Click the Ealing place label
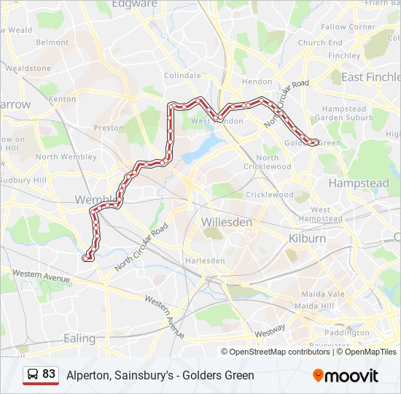point(79,339)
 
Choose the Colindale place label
point(182,75)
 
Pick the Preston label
point(109,128)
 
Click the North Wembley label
point(66,157)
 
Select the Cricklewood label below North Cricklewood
point(269,195)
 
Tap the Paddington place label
point(347,333)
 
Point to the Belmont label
point(52,42)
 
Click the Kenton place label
point(62,98)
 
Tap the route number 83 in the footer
point(49,374)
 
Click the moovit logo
point(346,376)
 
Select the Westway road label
point(270,330)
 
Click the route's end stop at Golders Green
point(315,143)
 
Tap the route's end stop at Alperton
point(87,258)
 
